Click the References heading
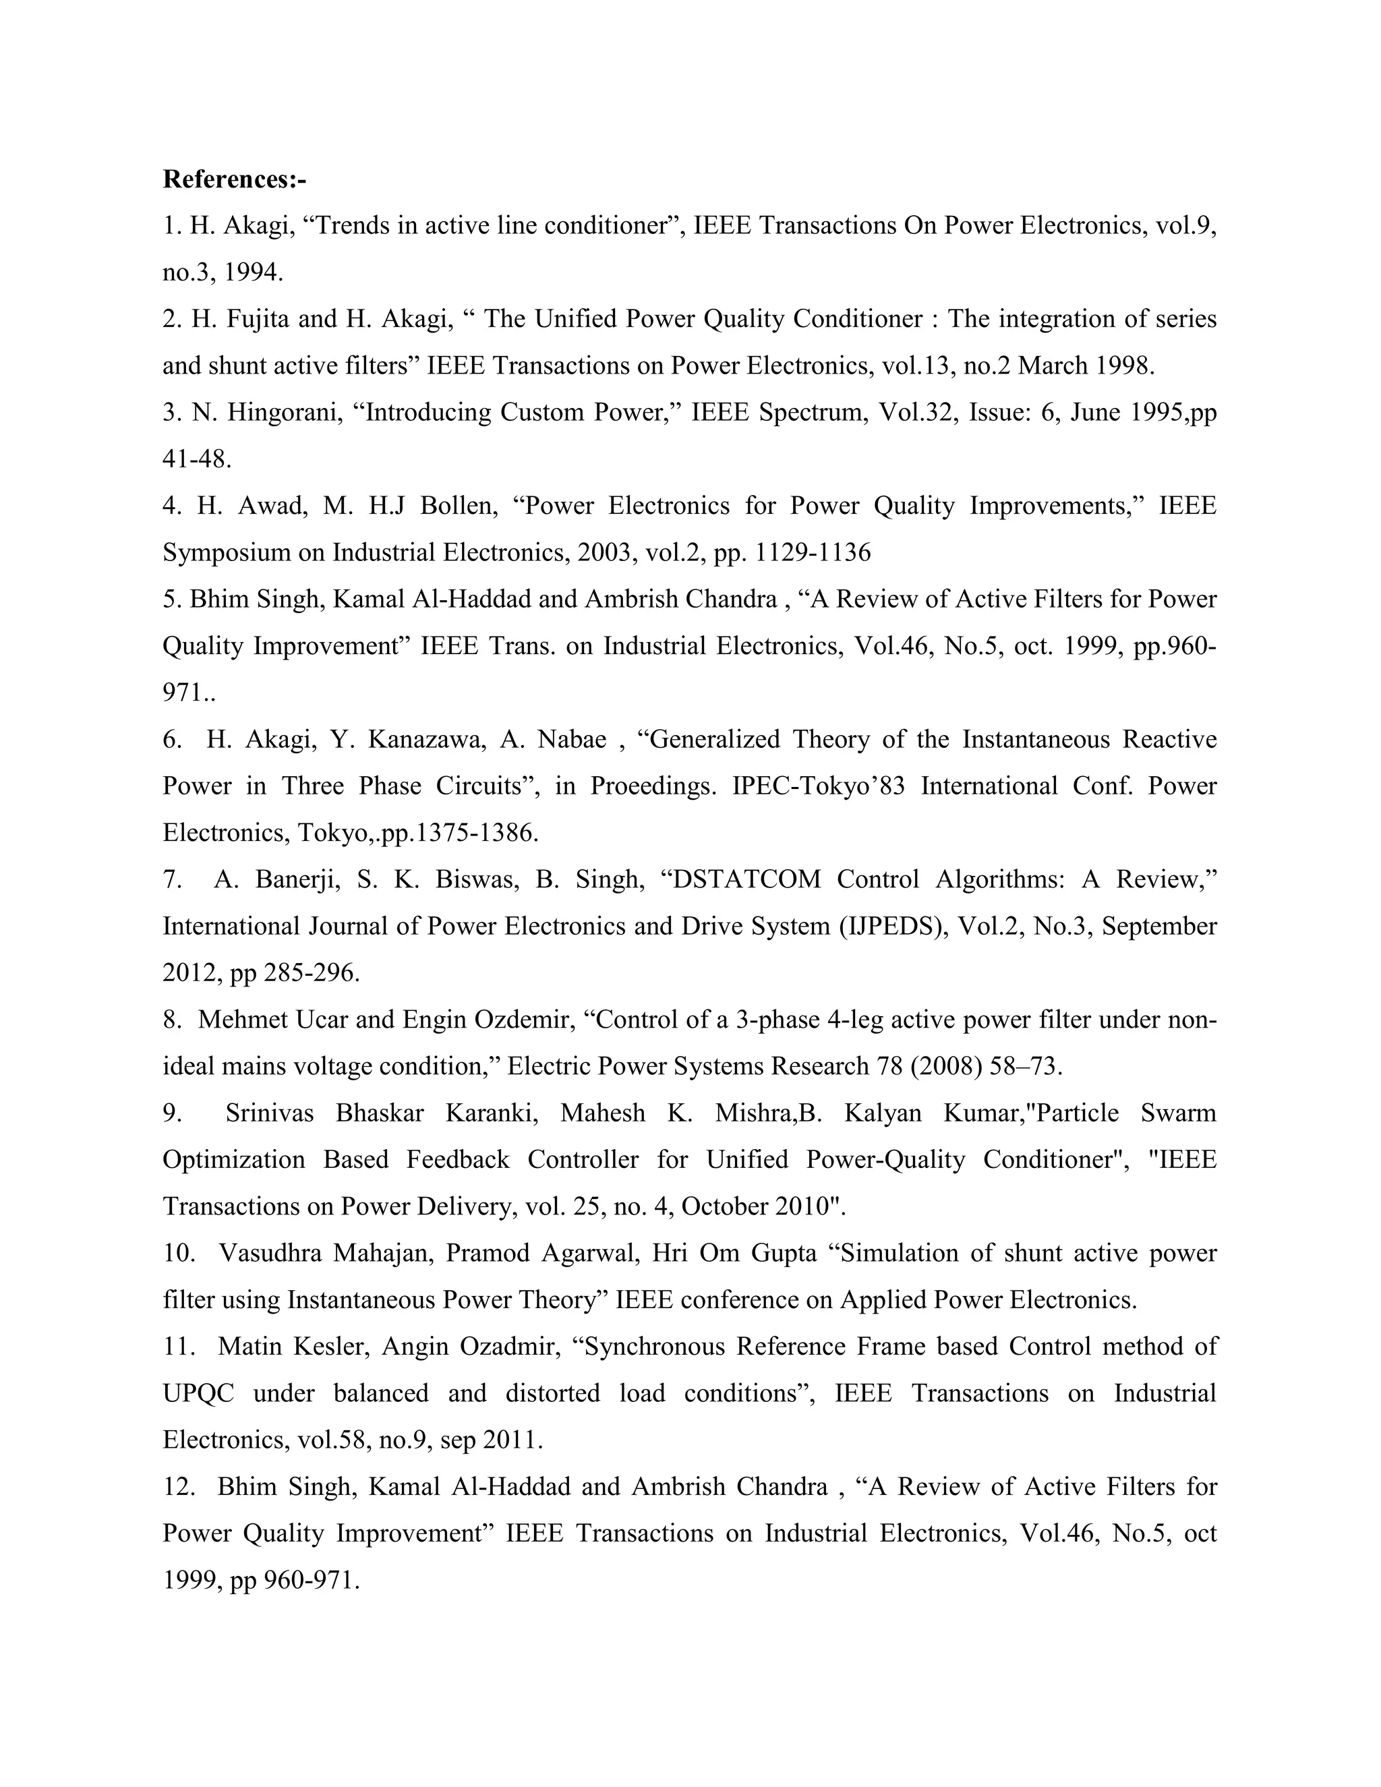[234, 179]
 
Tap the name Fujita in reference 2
[256, 319]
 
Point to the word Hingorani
[284, 413]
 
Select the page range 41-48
[196, 459]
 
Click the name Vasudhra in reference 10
[270, 1254]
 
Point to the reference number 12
[177, 1487]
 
